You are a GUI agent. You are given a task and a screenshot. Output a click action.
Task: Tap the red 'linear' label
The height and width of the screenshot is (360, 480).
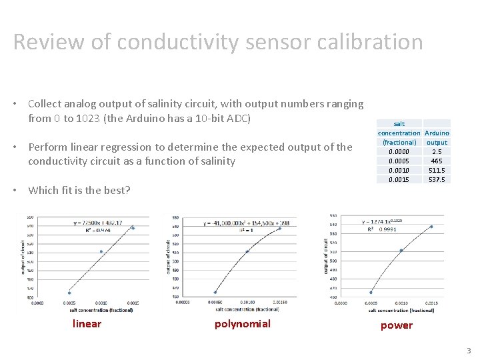coord(87,324)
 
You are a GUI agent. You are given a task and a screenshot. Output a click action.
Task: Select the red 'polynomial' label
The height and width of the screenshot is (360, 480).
coord(242,324)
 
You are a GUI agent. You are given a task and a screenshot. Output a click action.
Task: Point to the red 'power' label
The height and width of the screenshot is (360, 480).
coord(396,325)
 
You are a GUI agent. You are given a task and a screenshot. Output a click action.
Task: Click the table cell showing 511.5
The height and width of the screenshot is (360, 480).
coord(437,170)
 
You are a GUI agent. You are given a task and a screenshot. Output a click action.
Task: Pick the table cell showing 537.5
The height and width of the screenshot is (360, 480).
coord(437,179)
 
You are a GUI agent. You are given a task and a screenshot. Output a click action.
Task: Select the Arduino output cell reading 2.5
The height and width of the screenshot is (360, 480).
coord(437,151)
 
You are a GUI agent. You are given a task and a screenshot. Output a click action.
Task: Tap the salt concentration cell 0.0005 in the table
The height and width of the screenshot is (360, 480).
coord(399,161)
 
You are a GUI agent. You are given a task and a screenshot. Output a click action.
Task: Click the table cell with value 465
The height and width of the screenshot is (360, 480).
coord(437,161)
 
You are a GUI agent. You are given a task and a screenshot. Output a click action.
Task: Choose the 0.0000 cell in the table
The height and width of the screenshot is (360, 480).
coord(399,151)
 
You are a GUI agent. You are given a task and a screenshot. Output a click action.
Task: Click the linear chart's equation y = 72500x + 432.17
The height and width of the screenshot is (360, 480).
coord(98,223)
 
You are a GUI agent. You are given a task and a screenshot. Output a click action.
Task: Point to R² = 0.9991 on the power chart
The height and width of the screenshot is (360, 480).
coord(381,229)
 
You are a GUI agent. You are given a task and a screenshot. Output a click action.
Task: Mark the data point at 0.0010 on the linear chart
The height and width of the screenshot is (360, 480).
coord(101,251)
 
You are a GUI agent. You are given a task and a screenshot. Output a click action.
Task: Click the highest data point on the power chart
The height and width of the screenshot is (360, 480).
coord(431,227)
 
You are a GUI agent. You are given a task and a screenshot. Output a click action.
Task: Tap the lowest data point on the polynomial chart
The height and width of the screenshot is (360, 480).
coord(215,292)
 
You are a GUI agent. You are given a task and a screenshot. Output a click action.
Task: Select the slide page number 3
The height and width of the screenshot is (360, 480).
coord(469,351)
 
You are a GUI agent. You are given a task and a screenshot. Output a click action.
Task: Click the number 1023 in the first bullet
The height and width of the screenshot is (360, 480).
coord(88,119)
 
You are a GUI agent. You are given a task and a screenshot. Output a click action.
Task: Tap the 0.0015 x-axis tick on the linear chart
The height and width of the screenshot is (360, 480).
coord(133,302)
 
